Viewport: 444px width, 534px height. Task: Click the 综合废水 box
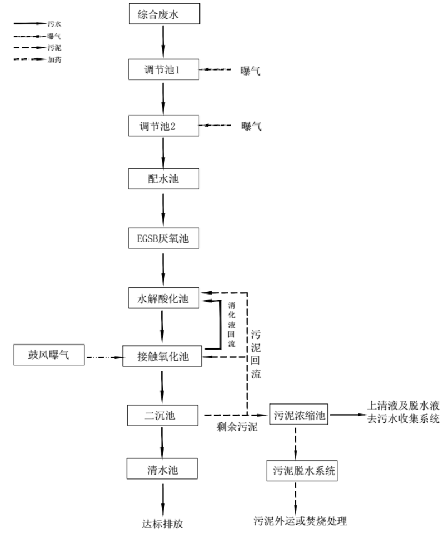pos(162,14)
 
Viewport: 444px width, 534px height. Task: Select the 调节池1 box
pos(162,71)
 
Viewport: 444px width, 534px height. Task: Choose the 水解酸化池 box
pos(162,299)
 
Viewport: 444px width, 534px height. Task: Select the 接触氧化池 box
pos(162,356)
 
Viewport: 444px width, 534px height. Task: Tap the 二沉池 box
pos(162,414)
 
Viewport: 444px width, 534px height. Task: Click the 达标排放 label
pos(162,523)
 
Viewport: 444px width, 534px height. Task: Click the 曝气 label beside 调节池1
pos(251,71)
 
